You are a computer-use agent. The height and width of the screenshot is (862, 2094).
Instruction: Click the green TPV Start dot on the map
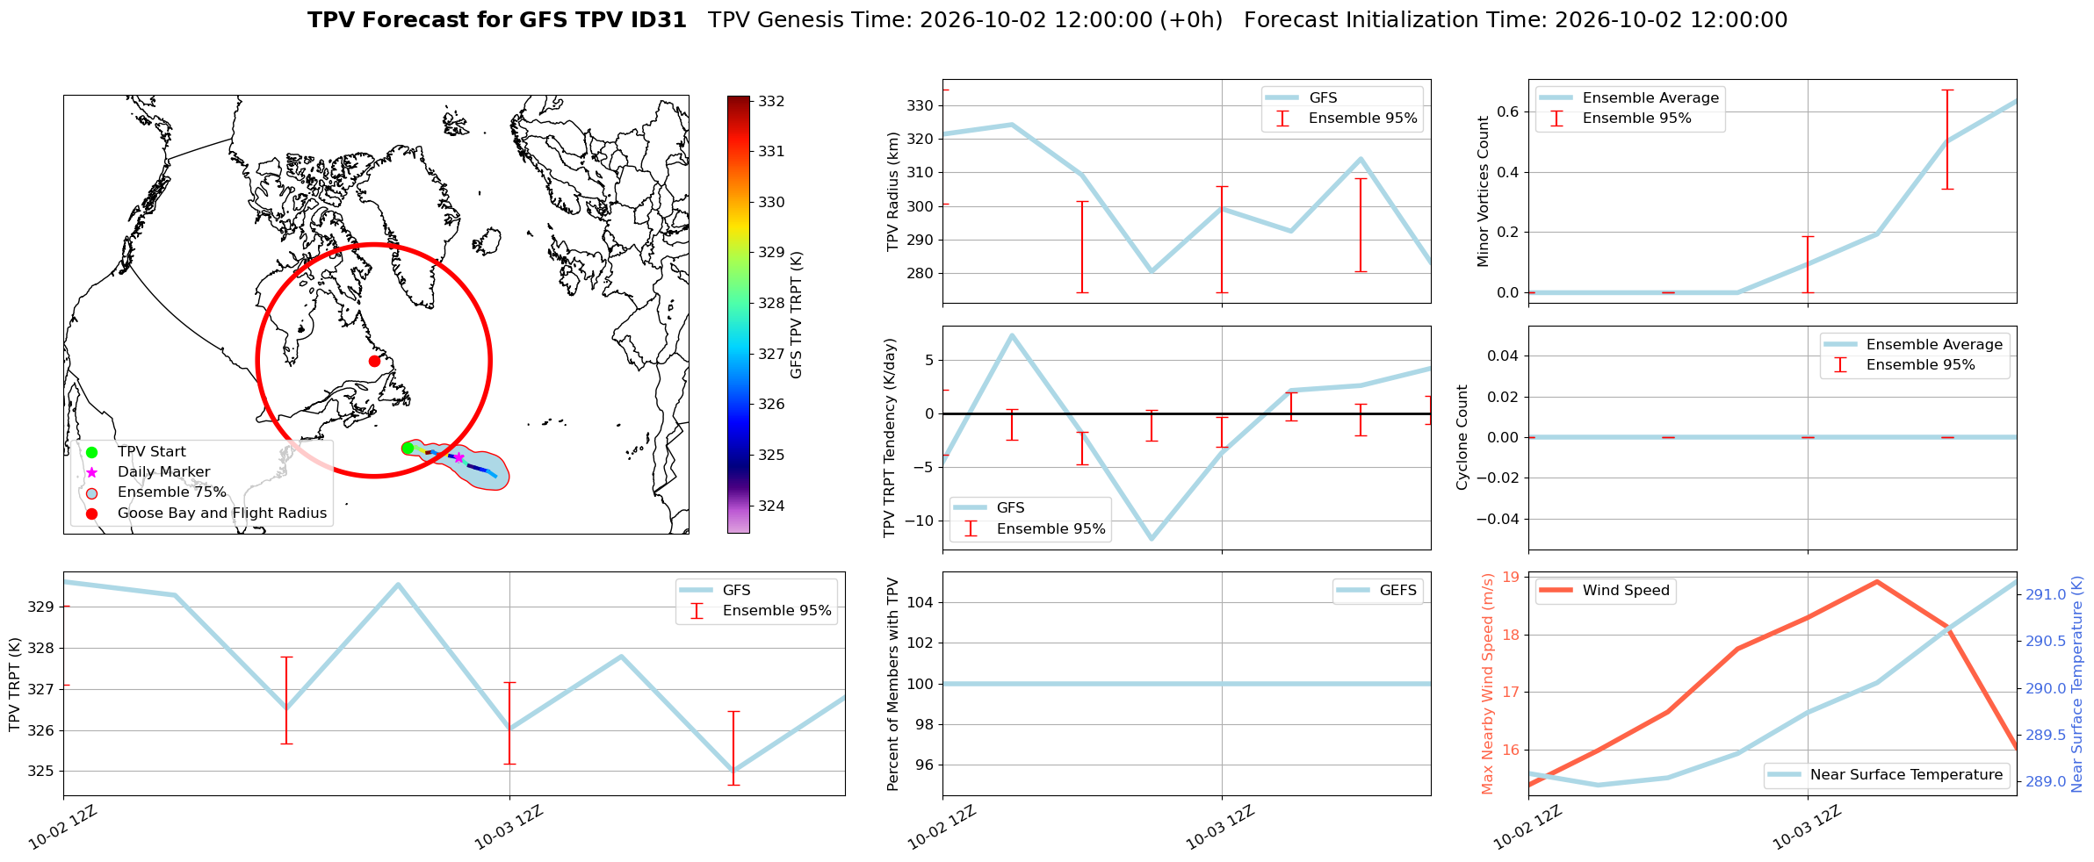pyautogui.click(x=407, y=449)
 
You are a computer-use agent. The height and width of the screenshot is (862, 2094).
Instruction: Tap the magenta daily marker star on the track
pyautogui.click(x=459, y=457)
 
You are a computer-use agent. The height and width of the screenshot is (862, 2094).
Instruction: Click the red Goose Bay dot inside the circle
pyautogui.click(x=374, y=361)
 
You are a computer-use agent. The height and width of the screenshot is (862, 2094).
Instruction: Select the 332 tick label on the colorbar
pyautogui.click(x=771, y=101)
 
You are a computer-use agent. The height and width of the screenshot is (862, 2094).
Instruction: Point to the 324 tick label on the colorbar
pyautogui.click(x=771, y=506)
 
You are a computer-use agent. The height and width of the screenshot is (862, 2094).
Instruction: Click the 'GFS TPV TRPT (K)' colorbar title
pyautogui.click(x=797, y=315)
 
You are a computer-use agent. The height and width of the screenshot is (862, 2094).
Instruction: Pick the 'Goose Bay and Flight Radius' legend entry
pyautogui.click(x=222, y=513)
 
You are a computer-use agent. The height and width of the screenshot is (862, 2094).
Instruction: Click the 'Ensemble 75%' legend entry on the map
pyautogui.click(x=172, y=492)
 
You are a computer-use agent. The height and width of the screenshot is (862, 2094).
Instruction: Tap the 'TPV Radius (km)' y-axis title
pyautogui.click(x=893, y=191)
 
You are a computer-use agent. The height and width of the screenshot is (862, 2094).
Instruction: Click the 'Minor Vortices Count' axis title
pyautogui.click(x=1484, y=191)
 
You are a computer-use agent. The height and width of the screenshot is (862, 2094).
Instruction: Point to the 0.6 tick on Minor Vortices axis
pyautogui.click(x=1507, y=111)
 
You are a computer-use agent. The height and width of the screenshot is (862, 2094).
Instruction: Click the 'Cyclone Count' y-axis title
pyautogui.click(x=1462, y=437)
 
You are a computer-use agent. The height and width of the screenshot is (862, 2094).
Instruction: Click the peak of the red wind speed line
pyautogui.click(x=1877, y=581)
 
